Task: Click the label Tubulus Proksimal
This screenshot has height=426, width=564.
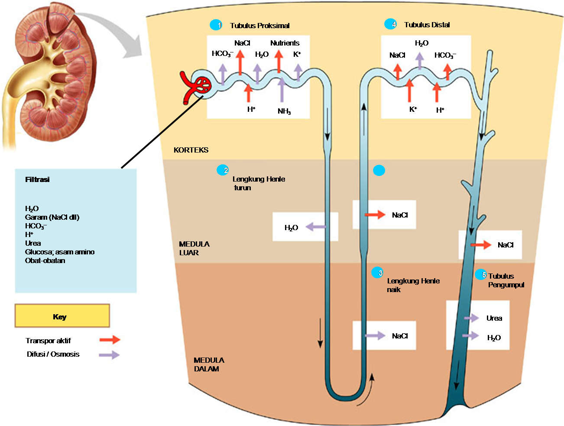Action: click(259, 26)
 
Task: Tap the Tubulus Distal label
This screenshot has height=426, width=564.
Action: click(427, 25)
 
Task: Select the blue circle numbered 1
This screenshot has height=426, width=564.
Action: click(216, 25)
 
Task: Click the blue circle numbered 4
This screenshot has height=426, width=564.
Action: click(390, 24)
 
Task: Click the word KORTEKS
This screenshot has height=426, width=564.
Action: click(191, 150)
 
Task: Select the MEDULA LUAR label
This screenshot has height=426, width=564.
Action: click(194, 248)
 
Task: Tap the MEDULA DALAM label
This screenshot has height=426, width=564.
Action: click(209, 364)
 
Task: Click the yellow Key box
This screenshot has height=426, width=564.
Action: click(62, 315)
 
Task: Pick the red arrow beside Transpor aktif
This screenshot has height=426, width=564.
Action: click(110, 340)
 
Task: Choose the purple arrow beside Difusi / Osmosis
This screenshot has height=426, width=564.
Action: click(109, 354)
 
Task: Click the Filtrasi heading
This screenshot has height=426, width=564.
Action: click(37, 179)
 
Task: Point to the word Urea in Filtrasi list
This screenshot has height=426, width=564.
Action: click(33, 243)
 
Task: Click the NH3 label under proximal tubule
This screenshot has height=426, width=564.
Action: click(284, 111)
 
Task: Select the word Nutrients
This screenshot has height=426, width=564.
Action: click(285, 43)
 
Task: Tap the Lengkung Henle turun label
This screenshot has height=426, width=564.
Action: click(258, 183)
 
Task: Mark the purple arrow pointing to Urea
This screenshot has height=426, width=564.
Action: click(471, 318)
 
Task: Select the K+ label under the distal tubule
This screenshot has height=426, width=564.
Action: click(413, 109)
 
